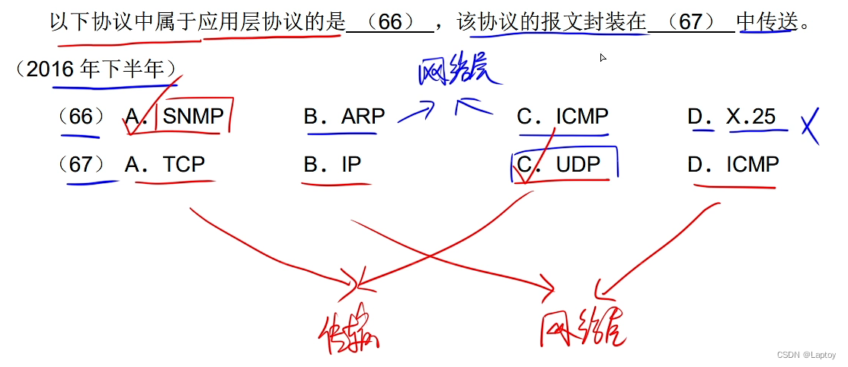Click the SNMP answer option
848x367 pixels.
point(193,117)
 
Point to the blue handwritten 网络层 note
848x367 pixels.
point(460,72)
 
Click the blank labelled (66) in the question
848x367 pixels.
point(389,22)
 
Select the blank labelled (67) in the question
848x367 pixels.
point(690,22)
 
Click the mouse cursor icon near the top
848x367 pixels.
point(603,57)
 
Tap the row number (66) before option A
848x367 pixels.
point(81,117)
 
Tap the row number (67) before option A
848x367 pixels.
point(81,164)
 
